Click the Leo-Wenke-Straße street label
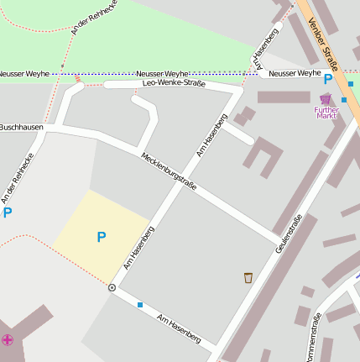pyautogui.click(x=175, y=83)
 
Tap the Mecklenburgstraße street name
pyautogui.click(x=169, y=171)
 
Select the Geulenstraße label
pyautogui.click(x=288, y=235)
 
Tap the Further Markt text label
pyautogui.click(x=326, y=112)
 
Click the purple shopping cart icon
pyautogui.click(x=326, y=99)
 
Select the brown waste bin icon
pyautogui.click(x=248, y=277)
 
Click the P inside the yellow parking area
pyautogui.click(x=101, y=238)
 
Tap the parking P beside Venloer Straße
pyautogui.click(x=328, y=81)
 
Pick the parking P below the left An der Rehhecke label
pyautogui.click(x=8, y=212)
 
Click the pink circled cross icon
pyautogui.click(x=8, y=339)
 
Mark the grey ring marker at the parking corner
pyautogui.click(x=112, y=287)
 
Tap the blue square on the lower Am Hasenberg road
pyautogui.click(x=140, y=304)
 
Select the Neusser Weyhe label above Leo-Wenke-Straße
pyautogui.click(x=162, y=74)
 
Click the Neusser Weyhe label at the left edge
pyautogui.click(x=24, y=74)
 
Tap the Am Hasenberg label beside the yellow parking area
pyautogui.click(x=138, y=247)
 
